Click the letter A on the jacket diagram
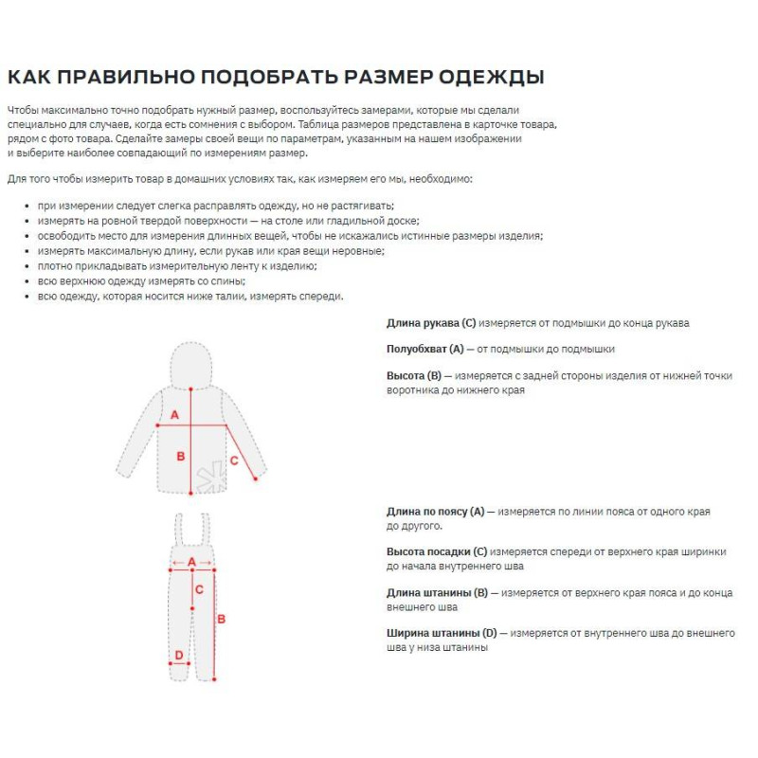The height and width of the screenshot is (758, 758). click(x=174, y=414)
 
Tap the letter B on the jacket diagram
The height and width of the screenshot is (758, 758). click(x=181, y=456)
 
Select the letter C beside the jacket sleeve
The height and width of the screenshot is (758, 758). click(x=234, y=460)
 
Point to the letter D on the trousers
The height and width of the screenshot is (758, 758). click(x=177, y=655)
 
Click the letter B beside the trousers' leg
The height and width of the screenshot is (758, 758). click(x=222, y=619)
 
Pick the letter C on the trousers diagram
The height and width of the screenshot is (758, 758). click(x=199, y=589)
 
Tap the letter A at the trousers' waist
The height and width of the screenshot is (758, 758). click(x=192, y=561)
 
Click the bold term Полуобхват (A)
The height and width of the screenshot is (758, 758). click(x=425, y=349)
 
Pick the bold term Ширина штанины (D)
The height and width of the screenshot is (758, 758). click(x=442, y=633)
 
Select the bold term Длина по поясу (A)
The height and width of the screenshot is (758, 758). click(x=435, y=511)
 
